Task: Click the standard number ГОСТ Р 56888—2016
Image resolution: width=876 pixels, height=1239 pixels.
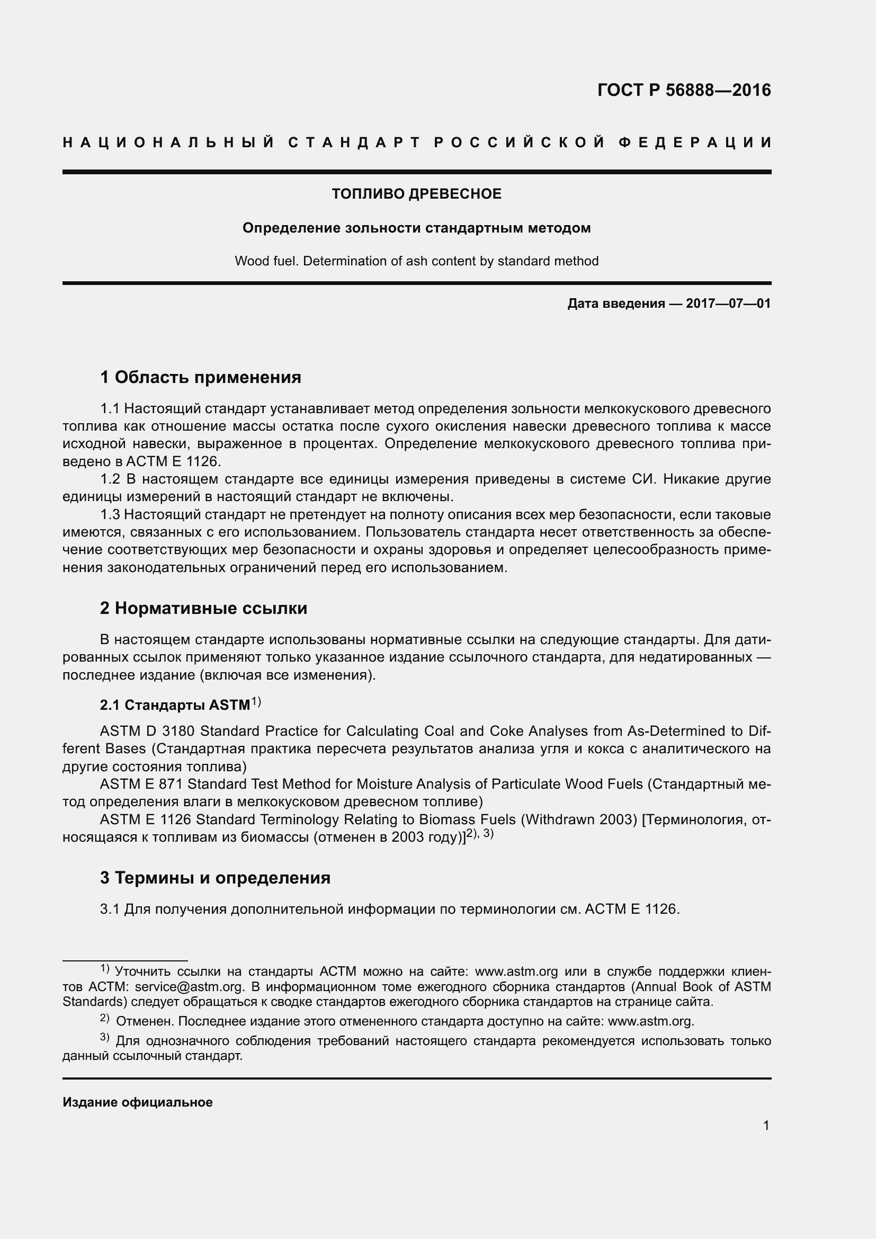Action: [x=684, y=90]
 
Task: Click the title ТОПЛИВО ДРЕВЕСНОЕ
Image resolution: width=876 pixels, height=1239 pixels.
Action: [x=416, y=194]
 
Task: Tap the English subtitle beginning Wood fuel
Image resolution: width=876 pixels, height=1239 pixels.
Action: [x=416, y=261]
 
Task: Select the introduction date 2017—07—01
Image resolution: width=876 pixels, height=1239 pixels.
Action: [x=728, y=304]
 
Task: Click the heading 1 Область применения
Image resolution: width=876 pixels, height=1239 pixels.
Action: [x=201, y=377]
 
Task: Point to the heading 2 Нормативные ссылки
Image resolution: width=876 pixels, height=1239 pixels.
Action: [x=203, y=608]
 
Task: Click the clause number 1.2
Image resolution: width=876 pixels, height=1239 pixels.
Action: [x=111, y=479]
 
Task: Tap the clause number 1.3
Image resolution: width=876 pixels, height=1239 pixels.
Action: [x=111, y=514]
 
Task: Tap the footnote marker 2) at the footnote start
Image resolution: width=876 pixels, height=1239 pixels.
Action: [x=105, y=1018]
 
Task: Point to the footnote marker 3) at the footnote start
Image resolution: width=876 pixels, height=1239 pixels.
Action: [x=105, y=1038]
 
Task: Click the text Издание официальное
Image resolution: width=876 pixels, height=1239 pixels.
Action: [x=138, y=1102]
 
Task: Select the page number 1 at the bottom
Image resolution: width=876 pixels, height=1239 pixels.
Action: [x=766, y=1126]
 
